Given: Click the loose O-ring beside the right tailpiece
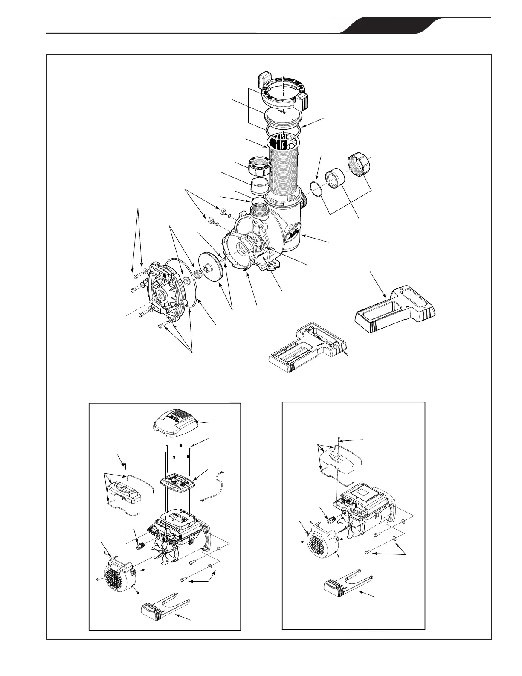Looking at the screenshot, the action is [315, 189].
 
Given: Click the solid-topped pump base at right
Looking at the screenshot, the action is [394, 312].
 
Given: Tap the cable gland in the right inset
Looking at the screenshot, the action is [329, 520].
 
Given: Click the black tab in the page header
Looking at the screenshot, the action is [384, 26].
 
